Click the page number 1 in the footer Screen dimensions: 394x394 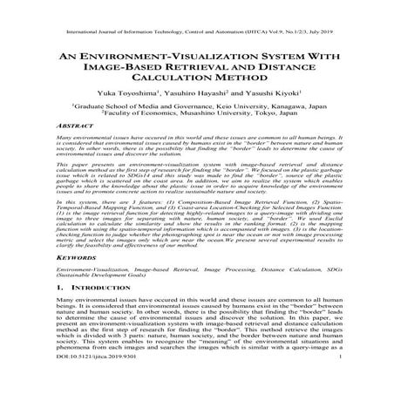(x=361, y=381)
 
